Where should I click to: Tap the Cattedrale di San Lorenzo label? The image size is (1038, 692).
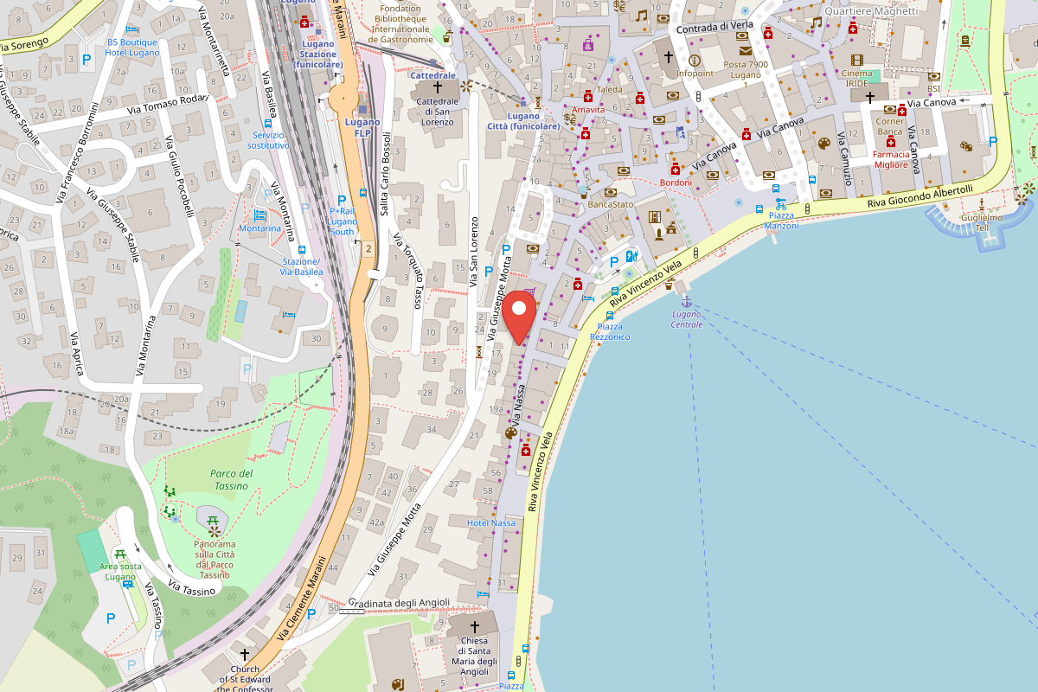[436, 112]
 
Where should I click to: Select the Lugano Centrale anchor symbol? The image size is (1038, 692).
[687, 301]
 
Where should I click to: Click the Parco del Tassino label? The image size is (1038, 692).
[231, 479]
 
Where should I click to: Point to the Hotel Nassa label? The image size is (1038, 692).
[490, 523]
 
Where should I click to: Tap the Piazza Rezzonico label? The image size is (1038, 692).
[610, 331]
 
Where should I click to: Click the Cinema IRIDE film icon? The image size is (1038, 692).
[856, 60]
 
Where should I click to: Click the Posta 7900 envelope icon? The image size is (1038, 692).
[745, 51]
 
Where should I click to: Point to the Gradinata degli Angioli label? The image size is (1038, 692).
[399, 603]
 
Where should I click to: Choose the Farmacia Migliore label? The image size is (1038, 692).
[891, 159]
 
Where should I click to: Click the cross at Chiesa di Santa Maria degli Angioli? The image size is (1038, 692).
[474, 625]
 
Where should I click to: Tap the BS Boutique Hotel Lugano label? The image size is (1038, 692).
[132, 48]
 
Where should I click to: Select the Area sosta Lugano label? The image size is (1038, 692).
[120, 572]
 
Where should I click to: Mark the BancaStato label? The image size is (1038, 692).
[611, 204]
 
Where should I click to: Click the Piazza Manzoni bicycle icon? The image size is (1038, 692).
[781, 205]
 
